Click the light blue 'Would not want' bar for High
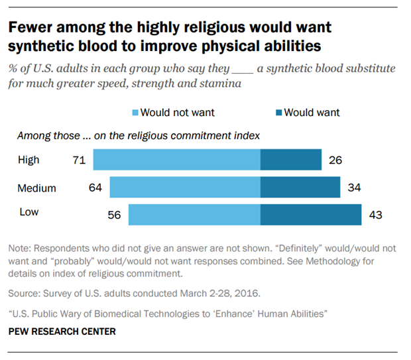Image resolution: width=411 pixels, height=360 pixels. [176, 160]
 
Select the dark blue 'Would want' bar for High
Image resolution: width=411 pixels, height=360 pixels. [291, 160]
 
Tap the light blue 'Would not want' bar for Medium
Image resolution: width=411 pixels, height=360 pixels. [185, 188]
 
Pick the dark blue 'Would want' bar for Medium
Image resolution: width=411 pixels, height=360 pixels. [300, 188]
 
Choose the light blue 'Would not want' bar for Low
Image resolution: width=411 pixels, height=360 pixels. [194, 215]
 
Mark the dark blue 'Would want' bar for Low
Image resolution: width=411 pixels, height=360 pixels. [311, 215]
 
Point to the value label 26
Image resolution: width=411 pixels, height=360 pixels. [334, 160]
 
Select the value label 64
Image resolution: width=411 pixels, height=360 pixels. [95, 188]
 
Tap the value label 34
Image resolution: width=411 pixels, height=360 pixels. [354, 188]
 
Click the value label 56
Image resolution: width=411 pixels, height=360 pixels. [114, 215]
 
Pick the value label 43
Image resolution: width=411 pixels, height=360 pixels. [375, 215]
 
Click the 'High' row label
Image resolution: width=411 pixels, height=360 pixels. [29, 160]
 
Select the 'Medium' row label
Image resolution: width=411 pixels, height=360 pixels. [36, 188]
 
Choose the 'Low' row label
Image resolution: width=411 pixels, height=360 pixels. [28, 212]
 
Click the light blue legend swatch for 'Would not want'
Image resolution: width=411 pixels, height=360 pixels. [136, 113]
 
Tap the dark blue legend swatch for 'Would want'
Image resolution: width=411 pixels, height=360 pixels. [279, 113]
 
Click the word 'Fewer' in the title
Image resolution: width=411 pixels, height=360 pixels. [30, 28]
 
